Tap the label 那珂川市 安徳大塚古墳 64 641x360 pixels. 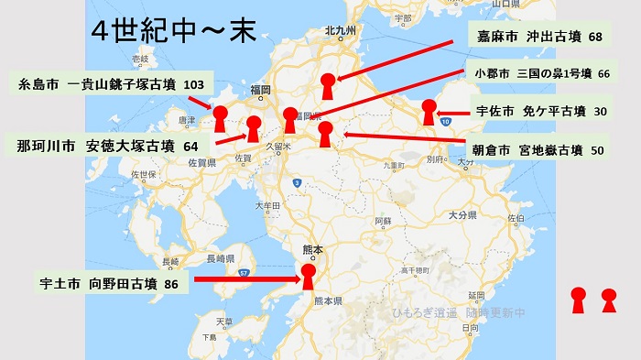[x=108, y=147]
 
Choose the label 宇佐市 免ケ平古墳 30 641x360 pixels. [x=541, y=111]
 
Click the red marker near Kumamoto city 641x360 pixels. [x=309, y=276]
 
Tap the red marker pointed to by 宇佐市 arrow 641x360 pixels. [x=428, y=114]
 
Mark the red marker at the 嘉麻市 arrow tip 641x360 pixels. [x=327, y=85]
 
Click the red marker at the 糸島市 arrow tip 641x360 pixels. [x=221, y=118]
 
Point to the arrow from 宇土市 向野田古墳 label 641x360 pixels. [x=247, y=280]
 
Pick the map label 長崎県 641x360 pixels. [x=223, y=258]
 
